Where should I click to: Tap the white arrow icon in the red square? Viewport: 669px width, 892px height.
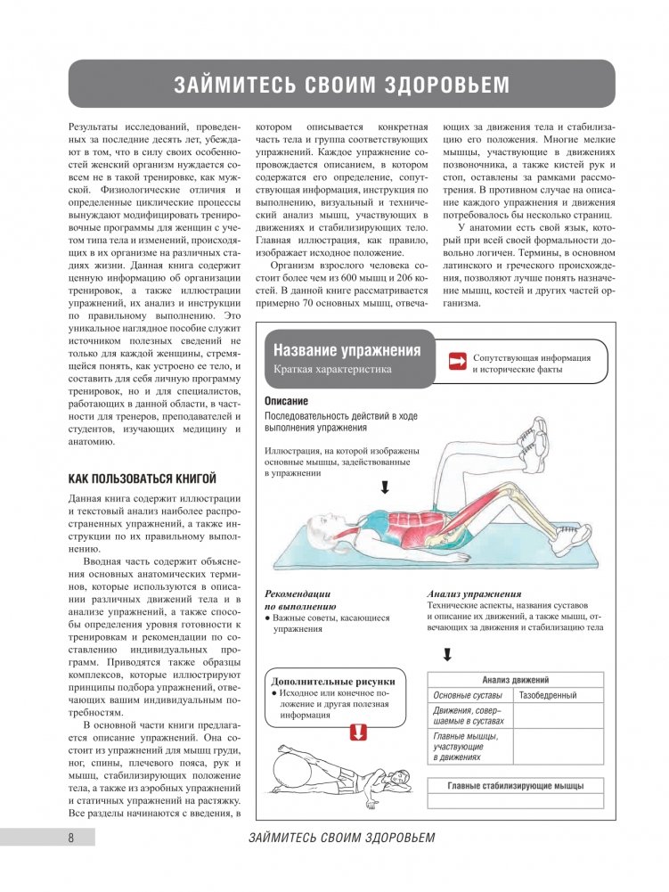pyautogui.click(x=458, y=361)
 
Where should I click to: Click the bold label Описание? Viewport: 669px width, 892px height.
pyautogui.click(x=287, y=402)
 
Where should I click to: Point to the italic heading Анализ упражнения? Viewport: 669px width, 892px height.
pyautogui.click(x=473, y=593)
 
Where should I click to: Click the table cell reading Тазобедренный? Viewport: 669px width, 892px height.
pyautogui.click(x=548, y=695)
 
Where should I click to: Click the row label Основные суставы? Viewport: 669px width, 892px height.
pyautogui.click(x=467, y=695)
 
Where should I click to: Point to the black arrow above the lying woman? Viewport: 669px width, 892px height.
pyautogui.click(x=385, y=487)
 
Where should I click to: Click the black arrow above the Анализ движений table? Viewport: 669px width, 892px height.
pyautogui.click(x=446, y=655)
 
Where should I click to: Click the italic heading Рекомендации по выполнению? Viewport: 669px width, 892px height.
pyautogui.click(x=298, y=600)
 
